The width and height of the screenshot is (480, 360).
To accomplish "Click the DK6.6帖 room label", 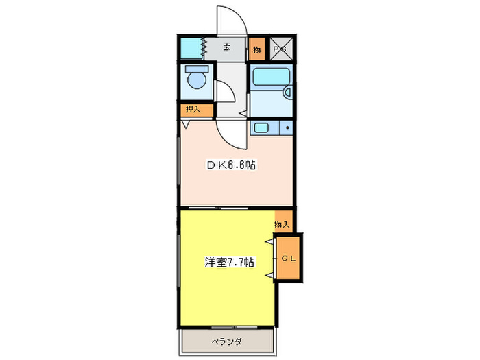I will point(232,165).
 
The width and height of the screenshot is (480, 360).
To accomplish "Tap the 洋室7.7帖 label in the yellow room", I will point(230,262).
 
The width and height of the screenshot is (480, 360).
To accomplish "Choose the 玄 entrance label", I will point(226,49).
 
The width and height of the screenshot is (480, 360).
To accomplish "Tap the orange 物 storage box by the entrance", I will point(256,49).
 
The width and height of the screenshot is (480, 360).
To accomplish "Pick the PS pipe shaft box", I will point(279,49).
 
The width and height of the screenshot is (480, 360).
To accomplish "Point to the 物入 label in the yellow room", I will point(282,224).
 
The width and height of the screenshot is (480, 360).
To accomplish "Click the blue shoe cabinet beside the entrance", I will point(190,49).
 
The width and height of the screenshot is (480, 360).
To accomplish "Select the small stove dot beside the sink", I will point(287,128).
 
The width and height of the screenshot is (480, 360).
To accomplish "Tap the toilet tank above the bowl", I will point(195,71).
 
